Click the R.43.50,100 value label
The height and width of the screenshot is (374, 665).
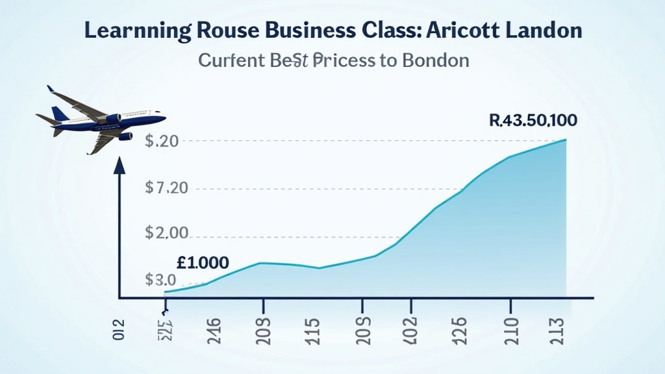(x=532, y=120)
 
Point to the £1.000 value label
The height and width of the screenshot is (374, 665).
(x=202, y=263)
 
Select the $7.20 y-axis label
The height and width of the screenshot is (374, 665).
(x=167, y=189)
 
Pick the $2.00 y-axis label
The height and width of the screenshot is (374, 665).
(x=167, y=232)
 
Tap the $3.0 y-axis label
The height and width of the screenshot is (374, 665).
(x=161, y=280)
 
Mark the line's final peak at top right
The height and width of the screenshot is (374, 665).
(x=566, y=140)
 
